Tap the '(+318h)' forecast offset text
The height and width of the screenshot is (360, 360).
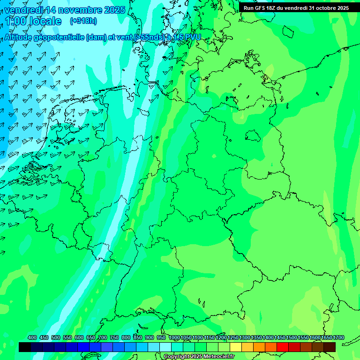click(x=83, y=21)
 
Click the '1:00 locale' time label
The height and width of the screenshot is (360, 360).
click(x=33, y=21)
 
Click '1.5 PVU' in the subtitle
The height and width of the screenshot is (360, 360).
click(x=187, y=37)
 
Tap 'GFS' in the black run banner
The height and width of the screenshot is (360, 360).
click(x=262, y=8)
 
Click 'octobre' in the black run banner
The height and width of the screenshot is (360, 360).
click(x=322, y=8)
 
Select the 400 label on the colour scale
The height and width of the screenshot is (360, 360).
click(x=32, y=338)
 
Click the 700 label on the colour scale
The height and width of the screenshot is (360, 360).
click(x=103, y=338)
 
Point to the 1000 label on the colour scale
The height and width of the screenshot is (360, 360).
click(x=174, y=338)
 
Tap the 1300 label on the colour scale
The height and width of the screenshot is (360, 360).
click(x=245, y=338)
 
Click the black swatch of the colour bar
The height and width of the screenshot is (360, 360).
click(x=25, y=347)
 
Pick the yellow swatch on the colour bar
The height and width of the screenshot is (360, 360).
click(x=236, y=347)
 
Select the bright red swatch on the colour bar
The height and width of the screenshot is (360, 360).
click(x=283, y=347)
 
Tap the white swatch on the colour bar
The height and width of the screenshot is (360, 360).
click(x=165, y=347)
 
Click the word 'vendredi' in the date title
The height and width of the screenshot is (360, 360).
click(x=23, y=10)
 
